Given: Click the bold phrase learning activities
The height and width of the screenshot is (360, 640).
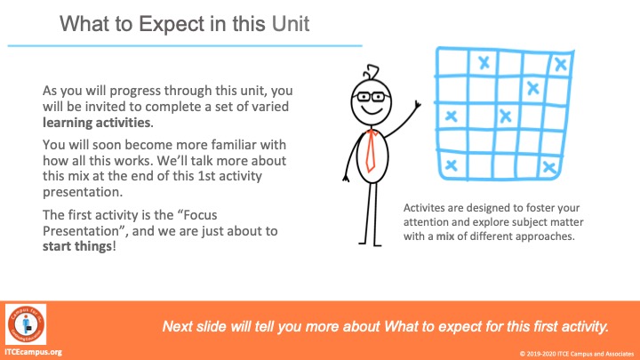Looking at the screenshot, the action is pos(97,123).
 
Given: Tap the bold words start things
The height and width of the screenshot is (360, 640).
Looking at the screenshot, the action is pos(77,246).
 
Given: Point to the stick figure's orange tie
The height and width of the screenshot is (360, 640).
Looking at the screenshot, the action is pos(371,150).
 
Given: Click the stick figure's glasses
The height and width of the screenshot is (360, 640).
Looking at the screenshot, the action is pos(372,97).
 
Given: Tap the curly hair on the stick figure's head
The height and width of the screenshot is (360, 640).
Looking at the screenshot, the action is pos(371,72).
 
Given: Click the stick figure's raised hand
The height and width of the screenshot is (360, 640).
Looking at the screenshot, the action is pos(417,105).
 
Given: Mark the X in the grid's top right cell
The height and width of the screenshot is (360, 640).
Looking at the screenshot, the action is pos(560,64).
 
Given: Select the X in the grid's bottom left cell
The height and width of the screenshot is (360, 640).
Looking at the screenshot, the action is pos(451,165).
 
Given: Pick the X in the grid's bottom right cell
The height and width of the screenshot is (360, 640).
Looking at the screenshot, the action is pos(549,166).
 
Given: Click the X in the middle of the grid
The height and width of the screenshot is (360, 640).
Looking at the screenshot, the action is pos(505,116).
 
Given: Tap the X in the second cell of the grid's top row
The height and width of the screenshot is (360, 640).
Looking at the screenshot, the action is pos(484,62).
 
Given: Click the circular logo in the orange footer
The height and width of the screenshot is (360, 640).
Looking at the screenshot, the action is pos(26,324).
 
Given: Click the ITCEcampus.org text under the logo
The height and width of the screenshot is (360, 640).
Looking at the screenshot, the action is pos(33,352).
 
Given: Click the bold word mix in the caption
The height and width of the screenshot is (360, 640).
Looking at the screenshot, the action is pos(445,236).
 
